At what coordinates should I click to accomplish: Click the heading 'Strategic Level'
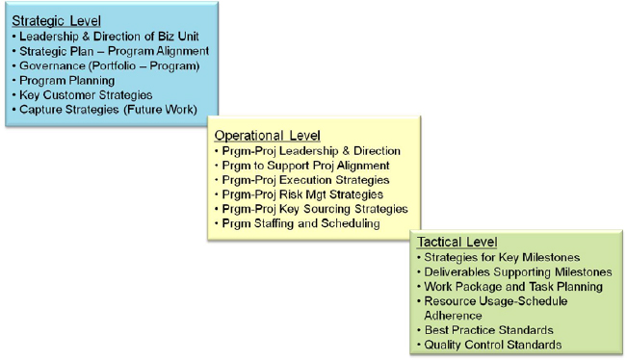click(57, 20)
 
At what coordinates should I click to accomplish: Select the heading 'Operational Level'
click(267, 136)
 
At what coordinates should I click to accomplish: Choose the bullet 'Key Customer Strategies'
click(87, 95)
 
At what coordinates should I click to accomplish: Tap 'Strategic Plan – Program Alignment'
click(114, 50)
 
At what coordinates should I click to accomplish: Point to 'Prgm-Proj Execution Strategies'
click(307, 180)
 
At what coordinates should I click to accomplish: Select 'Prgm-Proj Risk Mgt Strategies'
click(304, 194)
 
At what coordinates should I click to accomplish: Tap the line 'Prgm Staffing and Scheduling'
click(301, 223)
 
